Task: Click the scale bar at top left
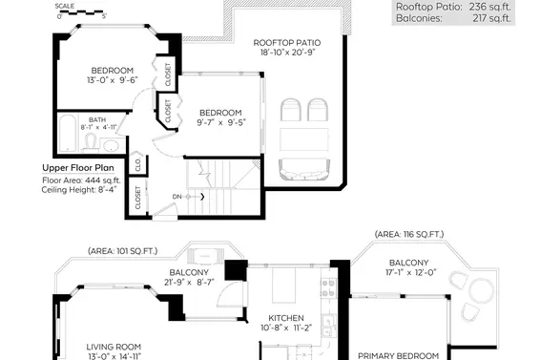point(82,12)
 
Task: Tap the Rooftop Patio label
point(287,43)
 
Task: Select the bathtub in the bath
point(67,133)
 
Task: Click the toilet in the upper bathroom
point(91,143)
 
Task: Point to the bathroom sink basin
point(111,145)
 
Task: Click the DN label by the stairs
point(177,197)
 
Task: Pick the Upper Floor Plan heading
point(78,168)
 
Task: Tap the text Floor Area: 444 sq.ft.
point(81,180)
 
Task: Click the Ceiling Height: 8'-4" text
point(79,190)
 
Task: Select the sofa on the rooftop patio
point(304,169)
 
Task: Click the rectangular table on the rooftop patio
point(304,139)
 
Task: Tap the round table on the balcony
point(482,290)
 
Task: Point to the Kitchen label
point(286,318)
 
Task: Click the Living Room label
point(114,347)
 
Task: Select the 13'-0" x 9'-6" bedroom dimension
point(113,80)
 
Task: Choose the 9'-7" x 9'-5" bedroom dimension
point(220,122)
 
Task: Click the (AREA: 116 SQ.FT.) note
point(409,235)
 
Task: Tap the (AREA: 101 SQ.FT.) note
point(123,251)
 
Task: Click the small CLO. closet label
point(138,164)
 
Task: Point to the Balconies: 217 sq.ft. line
point(453,18)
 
